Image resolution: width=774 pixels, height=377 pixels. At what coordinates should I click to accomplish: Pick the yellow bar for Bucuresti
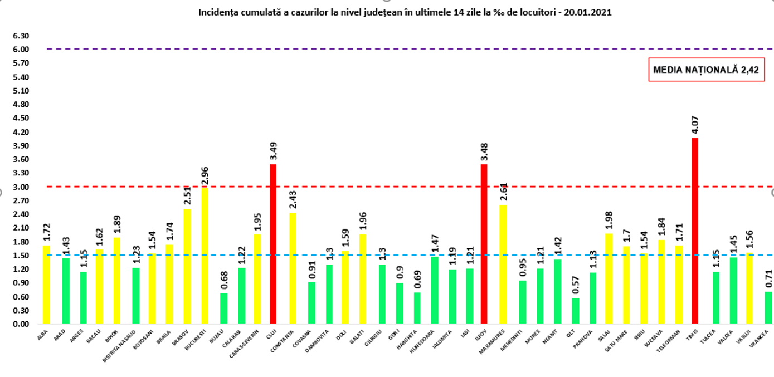(204, 256)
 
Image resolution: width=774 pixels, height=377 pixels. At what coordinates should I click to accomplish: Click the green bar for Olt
(575, 311)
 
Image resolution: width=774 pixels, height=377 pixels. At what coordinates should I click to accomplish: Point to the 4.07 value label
(695, 124)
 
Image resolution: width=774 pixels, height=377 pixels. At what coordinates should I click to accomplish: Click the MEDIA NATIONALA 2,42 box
(706, 70)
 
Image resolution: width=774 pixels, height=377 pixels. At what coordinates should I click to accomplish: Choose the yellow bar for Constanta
(293, 268)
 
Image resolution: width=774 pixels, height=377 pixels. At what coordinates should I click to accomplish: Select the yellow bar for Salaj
(609, 278)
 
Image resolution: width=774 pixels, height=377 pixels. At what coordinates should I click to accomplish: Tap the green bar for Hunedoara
(434, 290)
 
